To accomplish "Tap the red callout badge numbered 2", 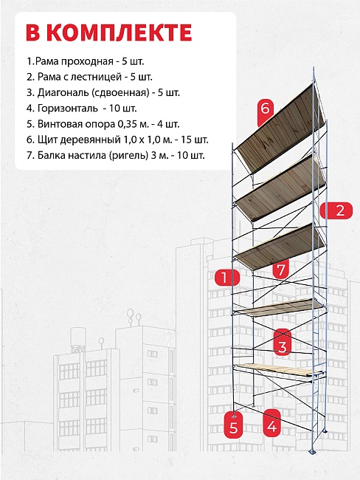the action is tap(336, 210).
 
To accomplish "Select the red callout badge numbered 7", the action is tap(281, 269).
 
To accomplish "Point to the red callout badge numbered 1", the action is tap(226, 278).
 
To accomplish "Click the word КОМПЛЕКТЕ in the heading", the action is tap(121, 32).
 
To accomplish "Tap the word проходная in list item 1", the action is tap(88, 61).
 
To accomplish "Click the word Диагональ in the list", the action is tap(63, 92).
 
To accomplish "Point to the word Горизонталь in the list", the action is tap(68, 109).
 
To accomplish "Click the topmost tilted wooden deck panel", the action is tap(280, 128).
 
